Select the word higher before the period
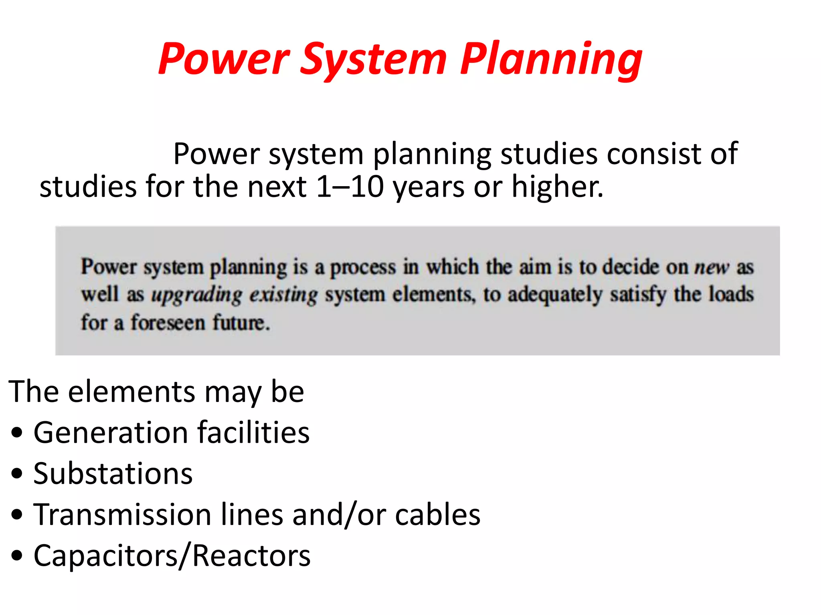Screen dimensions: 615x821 point(555,187)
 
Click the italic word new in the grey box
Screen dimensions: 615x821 point(712,267)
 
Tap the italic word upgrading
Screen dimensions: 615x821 point(197,295)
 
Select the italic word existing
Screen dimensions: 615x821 point(283,295)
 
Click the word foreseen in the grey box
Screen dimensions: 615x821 point(168,323)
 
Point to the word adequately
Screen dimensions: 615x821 point(555,295)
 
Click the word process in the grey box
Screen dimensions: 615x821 point(363,267)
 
